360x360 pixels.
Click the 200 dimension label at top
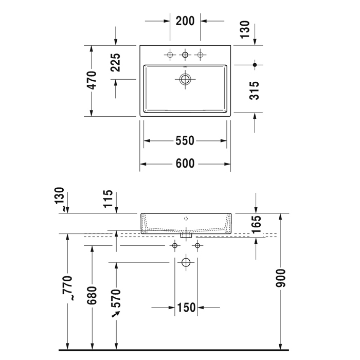point(185,21)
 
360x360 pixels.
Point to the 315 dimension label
point(254,91)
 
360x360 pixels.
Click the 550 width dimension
point(185,140)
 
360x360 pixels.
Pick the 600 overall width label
point(185,164)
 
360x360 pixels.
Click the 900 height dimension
point(281,278)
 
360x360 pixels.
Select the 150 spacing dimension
point(186,308)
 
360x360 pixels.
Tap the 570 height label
point(116,298)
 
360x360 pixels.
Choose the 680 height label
point(92,295)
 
